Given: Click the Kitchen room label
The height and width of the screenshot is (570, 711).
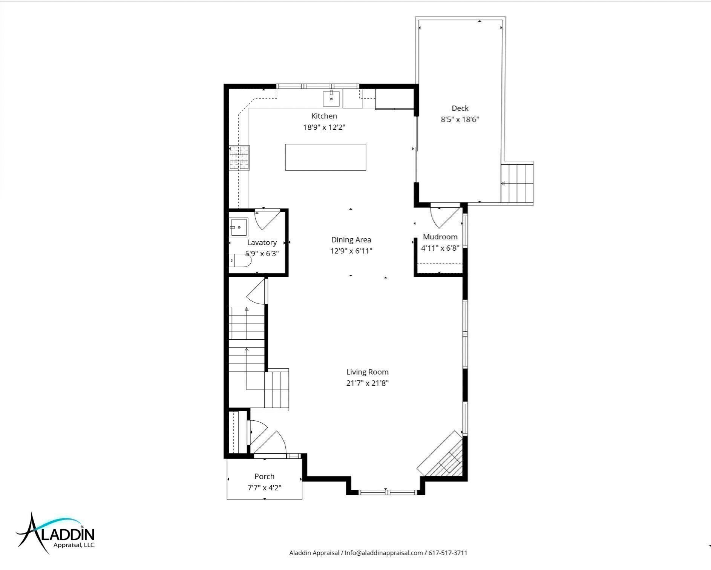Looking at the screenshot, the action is coord(324,116).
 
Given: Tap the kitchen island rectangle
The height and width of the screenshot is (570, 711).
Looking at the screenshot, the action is coord(326,157).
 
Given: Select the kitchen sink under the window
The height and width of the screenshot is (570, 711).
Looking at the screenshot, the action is coord(331,99).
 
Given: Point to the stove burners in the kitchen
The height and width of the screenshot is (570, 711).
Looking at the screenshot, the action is coord(239,158).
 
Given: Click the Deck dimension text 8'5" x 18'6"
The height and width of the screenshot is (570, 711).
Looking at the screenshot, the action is coord(460,120).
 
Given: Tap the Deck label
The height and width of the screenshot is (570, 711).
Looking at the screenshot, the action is coord(460,108).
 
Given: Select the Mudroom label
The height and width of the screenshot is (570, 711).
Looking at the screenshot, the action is coord(440,237).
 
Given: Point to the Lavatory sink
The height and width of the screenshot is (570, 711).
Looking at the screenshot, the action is coord(239,227).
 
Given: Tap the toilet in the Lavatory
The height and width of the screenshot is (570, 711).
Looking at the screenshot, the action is coord(240,260).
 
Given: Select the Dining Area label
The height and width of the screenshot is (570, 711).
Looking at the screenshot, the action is coord(351,240).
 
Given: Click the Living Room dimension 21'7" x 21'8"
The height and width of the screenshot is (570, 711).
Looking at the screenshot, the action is coord(368,383).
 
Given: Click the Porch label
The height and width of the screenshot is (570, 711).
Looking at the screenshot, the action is coord(264,477).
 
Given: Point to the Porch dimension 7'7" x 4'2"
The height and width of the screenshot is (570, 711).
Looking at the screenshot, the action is coord(264,488).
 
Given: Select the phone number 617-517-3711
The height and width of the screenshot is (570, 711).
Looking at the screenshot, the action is coord(447,553).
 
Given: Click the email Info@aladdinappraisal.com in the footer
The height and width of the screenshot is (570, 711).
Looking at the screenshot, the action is coord(384,553).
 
